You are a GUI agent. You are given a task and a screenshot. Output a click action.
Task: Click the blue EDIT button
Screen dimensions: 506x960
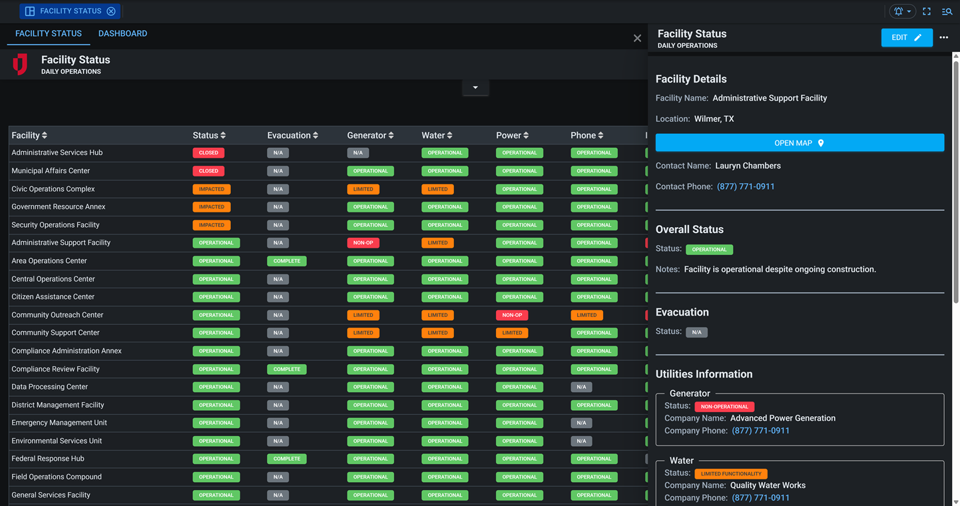(906, 38)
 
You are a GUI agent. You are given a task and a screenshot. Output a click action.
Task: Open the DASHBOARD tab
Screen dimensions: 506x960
(122, 33)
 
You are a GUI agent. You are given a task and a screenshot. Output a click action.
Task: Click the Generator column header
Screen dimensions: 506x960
(370, 135)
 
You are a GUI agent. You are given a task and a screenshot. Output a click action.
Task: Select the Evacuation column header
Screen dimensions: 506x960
(292, 135)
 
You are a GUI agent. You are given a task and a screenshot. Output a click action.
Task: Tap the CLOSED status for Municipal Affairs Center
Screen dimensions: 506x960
(208, 171)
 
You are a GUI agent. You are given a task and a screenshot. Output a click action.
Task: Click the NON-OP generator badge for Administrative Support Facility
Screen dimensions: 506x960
(363, 243)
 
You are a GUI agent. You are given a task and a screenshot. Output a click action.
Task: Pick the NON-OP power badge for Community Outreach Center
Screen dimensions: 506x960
(512, 315)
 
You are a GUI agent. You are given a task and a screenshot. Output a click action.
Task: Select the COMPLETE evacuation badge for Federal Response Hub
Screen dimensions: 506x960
(286, 459)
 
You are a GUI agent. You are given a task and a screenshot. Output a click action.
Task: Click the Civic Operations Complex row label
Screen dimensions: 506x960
(53, 189)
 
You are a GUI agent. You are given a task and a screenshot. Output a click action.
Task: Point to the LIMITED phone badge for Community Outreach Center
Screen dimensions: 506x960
(587, 315)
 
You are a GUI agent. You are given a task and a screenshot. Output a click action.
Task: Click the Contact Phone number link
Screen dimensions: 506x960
(746, 186)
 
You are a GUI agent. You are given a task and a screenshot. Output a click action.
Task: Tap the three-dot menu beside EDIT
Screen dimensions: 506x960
(943, 38)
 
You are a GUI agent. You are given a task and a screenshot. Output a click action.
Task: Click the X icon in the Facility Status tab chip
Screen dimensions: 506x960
(111, 11)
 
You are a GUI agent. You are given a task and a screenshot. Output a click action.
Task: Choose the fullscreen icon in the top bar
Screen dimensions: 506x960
(926, 11)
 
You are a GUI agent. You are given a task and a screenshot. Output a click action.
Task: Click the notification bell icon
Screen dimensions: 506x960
(899, 11)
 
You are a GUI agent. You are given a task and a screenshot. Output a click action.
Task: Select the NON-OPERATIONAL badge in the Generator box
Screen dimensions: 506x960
(724, 407)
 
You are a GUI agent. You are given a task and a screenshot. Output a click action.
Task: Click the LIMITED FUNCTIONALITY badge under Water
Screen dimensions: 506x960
(731, 474)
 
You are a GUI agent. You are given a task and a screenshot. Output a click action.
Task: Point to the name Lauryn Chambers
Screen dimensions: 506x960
(748, 166)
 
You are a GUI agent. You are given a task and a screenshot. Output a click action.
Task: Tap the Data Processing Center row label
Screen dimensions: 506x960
(50, 387)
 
